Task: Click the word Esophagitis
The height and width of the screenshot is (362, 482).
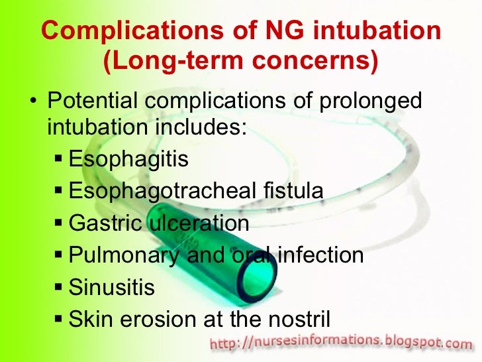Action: tap(128, 159)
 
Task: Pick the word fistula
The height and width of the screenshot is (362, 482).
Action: tap(292, 191)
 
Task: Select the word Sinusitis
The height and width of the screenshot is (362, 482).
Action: tap(111, 287)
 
